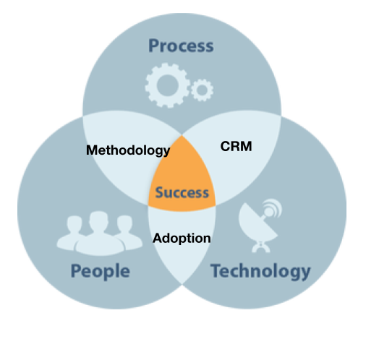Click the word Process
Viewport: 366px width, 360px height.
click(x=181, y=46)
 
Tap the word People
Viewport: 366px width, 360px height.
click(x=101, y=271)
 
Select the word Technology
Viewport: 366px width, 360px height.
click(x=260, y=271)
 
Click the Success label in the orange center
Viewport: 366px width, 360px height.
click(x=182, y=193)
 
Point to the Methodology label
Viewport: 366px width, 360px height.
click(x=128, y=150)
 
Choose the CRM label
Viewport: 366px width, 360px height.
click(x=236, y=146)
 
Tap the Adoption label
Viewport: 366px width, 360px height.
click(x=182, y=239)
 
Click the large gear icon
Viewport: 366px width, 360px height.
click(x=167, y=85)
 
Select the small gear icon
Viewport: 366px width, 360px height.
click(x=202, y=90)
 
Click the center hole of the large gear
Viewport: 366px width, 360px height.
click(x=168, y=85)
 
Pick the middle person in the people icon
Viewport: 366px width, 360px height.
click(x=99, y=233)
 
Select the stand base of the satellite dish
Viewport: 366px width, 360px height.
click(x=261, y=247)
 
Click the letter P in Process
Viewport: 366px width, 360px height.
click(x=154, y=46)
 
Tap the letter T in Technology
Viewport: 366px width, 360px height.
click(x=216, y=270)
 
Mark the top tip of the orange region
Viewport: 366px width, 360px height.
click(x=182, y=135)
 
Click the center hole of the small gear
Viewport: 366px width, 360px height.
click(x=202, y=90)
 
